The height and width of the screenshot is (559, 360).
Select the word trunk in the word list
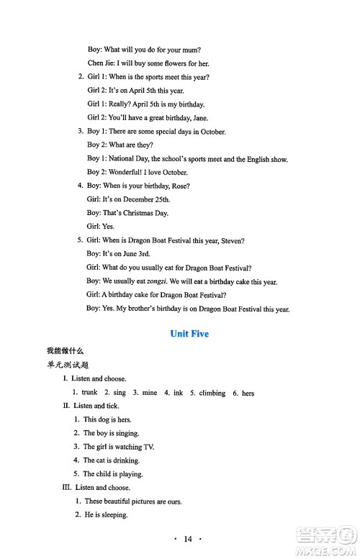[x=89, y=393]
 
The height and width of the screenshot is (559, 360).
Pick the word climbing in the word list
[x=207, y=393]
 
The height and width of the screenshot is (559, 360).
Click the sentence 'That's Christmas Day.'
[x=135, y=213]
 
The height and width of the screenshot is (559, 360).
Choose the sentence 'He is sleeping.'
[x=106, y=515]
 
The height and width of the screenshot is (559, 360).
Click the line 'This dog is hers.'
[x=107, y=419]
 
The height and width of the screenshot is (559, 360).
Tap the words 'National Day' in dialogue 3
[x=127, y=158]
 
